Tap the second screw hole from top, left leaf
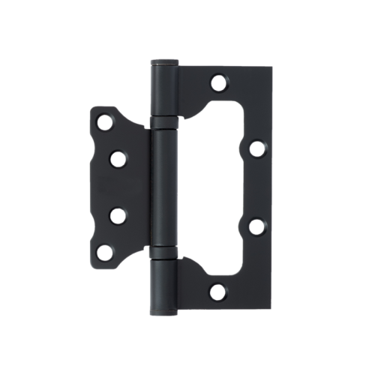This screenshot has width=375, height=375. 118,158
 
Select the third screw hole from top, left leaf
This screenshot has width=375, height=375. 118,215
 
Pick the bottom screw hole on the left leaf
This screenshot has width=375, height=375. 104,253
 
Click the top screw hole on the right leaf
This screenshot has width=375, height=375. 218,82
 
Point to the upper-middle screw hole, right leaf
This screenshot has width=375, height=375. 256,148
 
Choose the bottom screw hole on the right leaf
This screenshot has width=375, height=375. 218,291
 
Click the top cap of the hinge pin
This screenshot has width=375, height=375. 164,62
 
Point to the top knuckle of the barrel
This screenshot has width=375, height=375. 164,90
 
